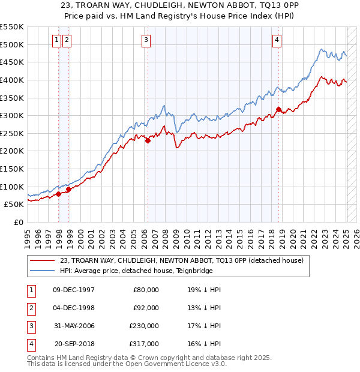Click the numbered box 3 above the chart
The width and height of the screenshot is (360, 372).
[146, 40]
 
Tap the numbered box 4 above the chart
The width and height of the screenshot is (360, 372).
[277, 40]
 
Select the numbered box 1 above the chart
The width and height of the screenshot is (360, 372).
[56, 40]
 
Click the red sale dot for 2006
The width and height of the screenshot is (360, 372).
[148, 140]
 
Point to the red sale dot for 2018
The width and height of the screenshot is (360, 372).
[278, 109]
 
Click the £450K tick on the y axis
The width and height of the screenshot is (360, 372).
[12, 62]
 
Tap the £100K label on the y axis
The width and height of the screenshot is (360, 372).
[12, 187]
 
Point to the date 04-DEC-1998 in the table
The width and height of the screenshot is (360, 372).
[74, 307]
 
